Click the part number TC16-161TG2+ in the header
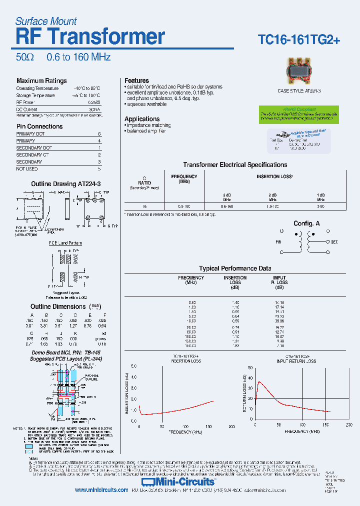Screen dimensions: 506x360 (298, 39)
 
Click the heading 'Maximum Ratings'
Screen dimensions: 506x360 (41, 80)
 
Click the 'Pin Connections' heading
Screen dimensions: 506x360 (39, 126)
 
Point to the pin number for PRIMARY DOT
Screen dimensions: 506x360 (99, 134)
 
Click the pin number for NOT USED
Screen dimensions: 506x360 (99, 169)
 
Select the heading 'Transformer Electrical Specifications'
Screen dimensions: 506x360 (235, 164)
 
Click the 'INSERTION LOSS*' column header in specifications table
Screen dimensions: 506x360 (274, 176)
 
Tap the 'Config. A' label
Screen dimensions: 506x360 (306, 223)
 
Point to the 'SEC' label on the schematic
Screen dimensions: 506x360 (334, 242)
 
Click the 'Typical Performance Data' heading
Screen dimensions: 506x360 (235, 268)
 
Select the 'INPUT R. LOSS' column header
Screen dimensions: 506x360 (279, 280)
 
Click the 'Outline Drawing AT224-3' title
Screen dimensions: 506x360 (66, 184)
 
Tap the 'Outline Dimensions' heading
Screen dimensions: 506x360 (58, 306)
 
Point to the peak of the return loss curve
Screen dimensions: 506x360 (258, 382)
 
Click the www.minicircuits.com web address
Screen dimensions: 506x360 (101, 490)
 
